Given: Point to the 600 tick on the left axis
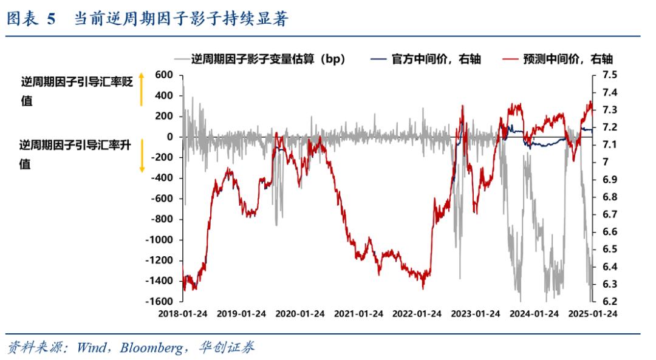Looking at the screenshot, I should pos(165,75).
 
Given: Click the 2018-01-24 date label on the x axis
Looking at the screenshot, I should pos(182,314).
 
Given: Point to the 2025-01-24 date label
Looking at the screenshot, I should pos(592,314).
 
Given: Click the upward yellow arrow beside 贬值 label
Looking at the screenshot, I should pos(142,89).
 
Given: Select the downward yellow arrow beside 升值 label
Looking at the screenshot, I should pos(142,154).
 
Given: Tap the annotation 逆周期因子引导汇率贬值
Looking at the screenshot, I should pos(77,91).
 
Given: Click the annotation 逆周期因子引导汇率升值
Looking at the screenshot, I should pos(75,154).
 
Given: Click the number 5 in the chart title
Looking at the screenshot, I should pos(51,19).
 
